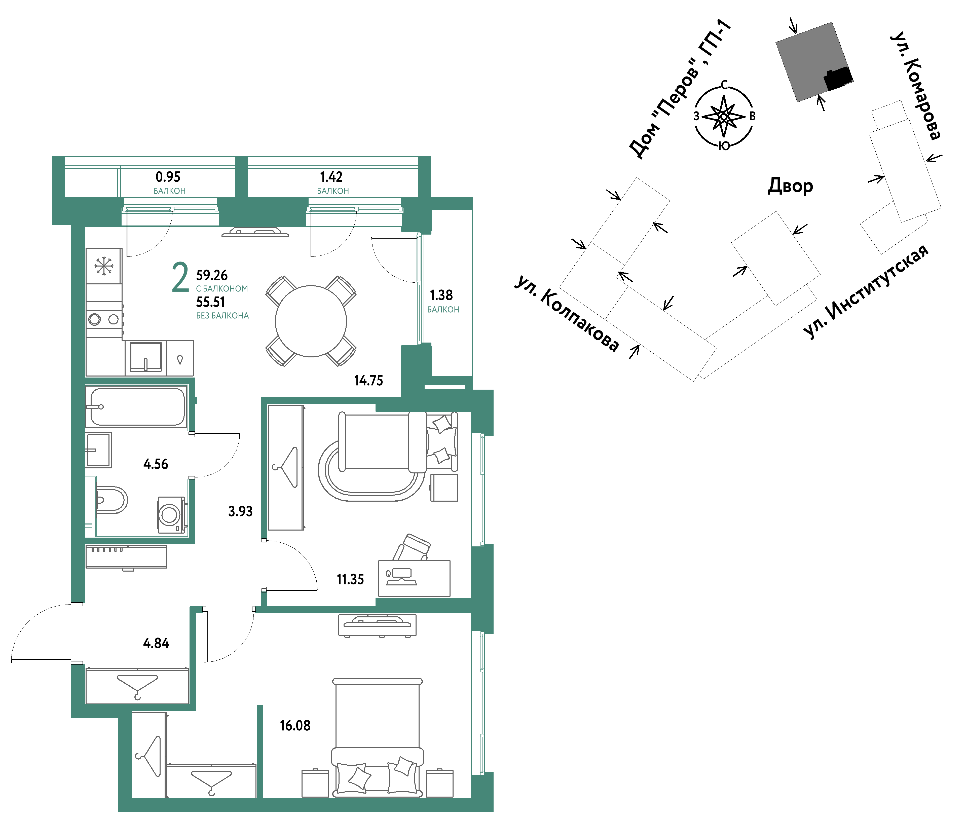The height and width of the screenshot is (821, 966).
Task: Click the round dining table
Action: point(311,321)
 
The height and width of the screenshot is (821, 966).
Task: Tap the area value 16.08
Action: point(295,725)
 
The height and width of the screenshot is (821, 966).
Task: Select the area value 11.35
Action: point(350,579)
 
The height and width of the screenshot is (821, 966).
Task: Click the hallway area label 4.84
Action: point(156,643)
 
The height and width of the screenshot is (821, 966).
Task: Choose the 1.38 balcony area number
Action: point(441,295)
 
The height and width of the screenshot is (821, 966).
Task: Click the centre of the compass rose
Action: point(724,116)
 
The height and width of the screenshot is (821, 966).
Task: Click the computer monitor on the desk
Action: point(402,573)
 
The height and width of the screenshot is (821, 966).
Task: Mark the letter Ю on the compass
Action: point(724,146)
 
